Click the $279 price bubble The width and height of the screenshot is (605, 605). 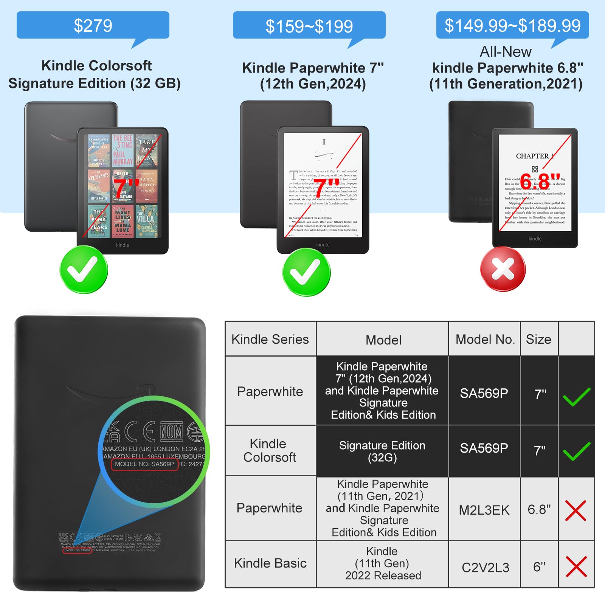pyautogui.click(x=93, y=25)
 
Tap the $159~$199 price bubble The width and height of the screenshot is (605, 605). pyautogui.click(x=309, y=26)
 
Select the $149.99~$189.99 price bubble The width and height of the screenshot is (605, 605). pyautogui.click(x=512, y=25)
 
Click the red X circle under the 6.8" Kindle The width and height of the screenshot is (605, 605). pyautogui.click(x=503, y=269)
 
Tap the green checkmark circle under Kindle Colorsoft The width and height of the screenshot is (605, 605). pyautogui.click(x=84, y=270)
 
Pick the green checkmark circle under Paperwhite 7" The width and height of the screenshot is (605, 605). pyautogui.click(x=306, y=272)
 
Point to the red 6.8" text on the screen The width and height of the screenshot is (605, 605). pyautogui.click(x=540, y=181)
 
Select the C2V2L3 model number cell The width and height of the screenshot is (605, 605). pyautogui.click(x=486, y=567)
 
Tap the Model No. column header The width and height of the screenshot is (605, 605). pyautogui.click(x=485, y=339)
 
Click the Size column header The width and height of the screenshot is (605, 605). pyautogui.click(x=538, y=339)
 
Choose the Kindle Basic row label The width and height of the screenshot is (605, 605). pyautogui.click(x=270, y=563)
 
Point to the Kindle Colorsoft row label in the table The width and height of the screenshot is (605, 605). pyautogui.click(x=269, y=450)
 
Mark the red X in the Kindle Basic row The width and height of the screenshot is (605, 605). pyautogui.click(x=576, y=566)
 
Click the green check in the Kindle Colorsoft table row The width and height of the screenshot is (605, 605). pyautogui.click(x=576, y=451)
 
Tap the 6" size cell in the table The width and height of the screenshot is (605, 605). pyautogui.click(x=539, y=567)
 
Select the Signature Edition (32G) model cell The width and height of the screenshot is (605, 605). pyautogui.click(x=382, y=451)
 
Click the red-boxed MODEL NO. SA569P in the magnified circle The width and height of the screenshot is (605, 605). pyautogui.click(x=144, y=464)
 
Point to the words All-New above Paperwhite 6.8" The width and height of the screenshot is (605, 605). pyautogui.click(x=506, y=52)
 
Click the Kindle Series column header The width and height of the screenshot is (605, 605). pyautogui.click(x=270, y=339)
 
